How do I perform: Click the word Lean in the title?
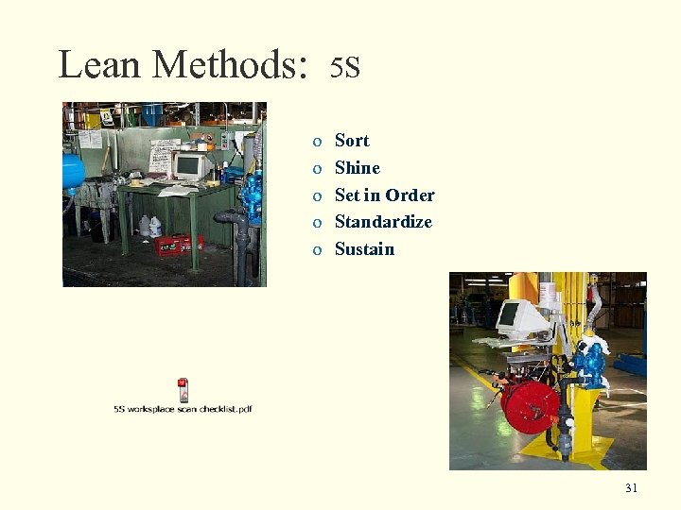click(x=99, y=64)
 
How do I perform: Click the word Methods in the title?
click(x=230, y=64)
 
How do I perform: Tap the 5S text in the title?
click(x=345, y=67)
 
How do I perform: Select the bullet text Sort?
click(x=352, y=141)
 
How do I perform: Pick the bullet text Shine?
click(x=358, y=168)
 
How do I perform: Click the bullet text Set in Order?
click(x=384, y=195)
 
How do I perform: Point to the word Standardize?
click(x=383, y=222)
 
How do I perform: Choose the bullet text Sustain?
click(x=364, y=249)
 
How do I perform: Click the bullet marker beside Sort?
click(x=317, y=142)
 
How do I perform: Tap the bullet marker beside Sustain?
click(x=317, y=250)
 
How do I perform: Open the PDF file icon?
click(x=183, y=389)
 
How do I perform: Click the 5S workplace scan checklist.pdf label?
click(x=183, y=409)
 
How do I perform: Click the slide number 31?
click(x=631, y=488)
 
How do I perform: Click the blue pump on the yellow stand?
click(x=590, y=364)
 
